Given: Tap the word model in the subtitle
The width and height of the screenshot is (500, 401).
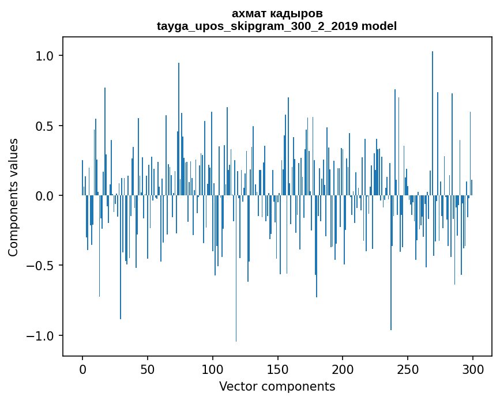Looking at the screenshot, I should [x=379, y=26].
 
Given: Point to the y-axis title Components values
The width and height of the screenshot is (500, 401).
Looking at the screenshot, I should [x=13, y=196].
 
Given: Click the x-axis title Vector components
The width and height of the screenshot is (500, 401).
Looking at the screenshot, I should [x=277, y=386].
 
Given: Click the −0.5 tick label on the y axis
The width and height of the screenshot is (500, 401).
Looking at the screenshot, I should [x=42, y=266].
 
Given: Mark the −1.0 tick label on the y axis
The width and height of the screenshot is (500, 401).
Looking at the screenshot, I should [x=42, y=336].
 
